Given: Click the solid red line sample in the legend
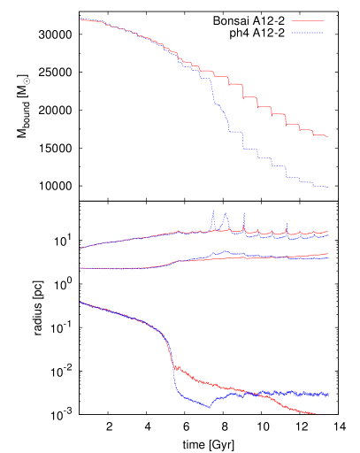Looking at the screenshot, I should click(307, 20).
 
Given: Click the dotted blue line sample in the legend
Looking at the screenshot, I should click(307, 33).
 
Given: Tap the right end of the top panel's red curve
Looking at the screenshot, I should click(328, 137).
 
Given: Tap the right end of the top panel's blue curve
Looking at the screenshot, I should click(328, 187).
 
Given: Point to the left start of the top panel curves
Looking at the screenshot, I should click(80, 19).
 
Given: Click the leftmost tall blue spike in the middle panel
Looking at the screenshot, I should click(213, 211).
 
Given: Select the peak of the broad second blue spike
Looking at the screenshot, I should click(226, 214).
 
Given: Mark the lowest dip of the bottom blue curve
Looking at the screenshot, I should click(210, 407).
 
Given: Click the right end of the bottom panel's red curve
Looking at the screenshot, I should click(319, 414).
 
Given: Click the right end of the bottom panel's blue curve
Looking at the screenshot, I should click(328, 395).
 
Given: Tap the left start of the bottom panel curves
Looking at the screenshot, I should click(80, 303).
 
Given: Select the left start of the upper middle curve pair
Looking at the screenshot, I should click(80, 249).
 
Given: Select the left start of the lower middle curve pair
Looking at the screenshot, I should click(80, 268).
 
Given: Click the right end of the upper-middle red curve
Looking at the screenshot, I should click(328, 232).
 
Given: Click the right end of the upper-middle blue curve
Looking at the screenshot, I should click(328, 236).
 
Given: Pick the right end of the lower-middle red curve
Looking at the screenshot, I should click(328, 254).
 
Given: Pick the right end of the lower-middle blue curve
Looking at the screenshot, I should click(328, 258).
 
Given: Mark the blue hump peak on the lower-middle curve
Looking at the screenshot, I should click(225, 252).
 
